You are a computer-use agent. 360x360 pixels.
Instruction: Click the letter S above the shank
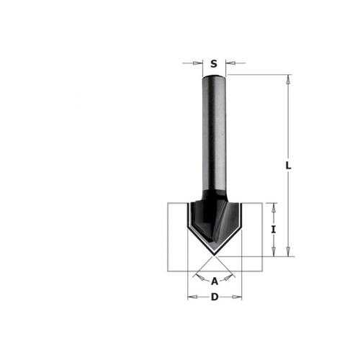coord(214,63)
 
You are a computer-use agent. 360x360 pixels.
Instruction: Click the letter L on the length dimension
coord(288,166)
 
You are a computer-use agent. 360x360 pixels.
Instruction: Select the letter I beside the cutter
coord(274,230)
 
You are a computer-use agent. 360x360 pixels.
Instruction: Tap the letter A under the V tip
coord(215,281)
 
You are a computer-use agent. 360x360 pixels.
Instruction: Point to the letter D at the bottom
coord(215,297)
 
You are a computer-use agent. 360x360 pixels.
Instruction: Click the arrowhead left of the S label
coord(198,63)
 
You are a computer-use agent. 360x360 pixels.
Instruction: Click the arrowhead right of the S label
coord(230,63)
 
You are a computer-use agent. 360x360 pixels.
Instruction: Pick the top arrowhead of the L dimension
coord(288,79)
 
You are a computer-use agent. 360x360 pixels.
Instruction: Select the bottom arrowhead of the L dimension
coord(288,252)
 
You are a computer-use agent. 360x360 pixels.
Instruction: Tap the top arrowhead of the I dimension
coord(274,208)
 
